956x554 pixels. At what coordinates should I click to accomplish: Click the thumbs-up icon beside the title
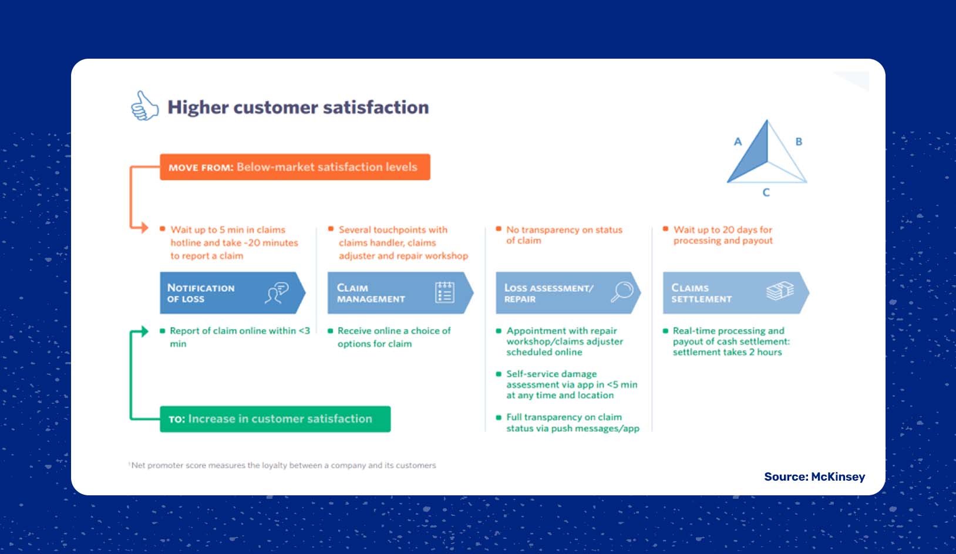[x=144, y=106]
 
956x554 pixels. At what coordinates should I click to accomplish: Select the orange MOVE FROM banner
[x=294, y=167]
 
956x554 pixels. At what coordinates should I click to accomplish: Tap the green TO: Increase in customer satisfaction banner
[x=275, y=419]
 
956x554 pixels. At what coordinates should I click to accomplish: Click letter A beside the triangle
[x=738, y=141]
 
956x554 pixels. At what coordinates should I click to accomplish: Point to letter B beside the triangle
[x=799, y=141]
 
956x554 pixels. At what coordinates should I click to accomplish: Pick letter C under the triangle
[x=766, y=192]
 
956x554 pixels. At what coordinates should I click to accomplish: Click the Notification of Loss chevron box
[x=229, y=293]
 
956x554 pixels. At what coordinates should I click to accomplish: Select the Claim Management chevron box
[x=397, y=293]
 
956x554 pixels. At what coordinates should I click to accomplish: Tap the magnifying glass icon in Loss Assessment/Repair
[x=622, y=291]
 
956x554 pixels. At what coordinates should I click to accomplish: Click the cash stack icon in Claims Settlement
[x=780, y=291]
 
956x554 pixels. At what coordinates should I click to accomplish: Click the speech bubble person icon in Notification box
[x=277, y=292]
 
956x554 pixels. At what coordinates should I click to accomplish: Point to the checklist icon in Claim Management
[x=445, y=292]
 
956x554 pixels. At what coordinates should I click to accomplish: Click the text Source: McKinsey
[x=814, y=477]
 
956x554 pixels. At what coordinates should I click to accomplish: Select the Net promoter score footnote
[x=283, y=465]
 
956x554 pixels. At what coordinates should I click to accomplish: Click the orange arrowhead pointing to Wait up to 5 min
[x=143, y=227]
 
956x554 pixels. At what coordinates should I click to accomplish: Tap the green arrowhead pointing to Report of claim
[x=143, y=332]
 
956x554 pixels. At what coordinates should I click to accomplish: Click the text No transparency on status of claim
[x=563, y=235]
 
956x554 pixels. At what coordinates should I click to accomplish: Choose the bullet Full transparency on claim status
[x=572, y=423]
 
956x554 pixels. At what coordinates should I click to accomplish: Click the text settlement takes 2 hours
[x=727, y=352]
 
